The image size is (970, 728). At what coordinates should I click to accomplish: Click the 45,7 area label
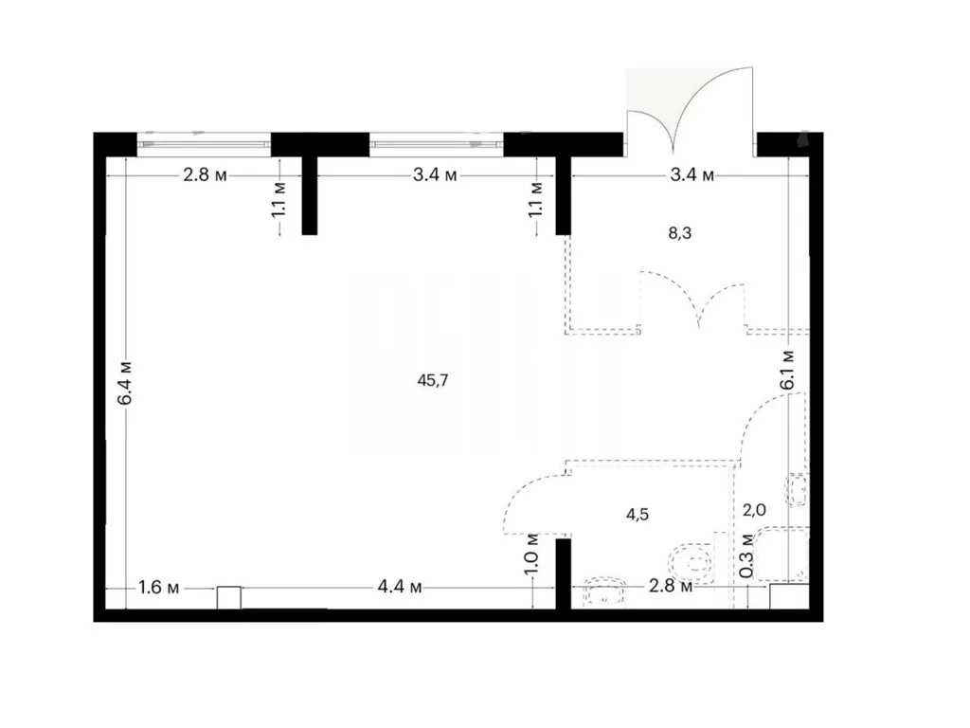pos(432,381)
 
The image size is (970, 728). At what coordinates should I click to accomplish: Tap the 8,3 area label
pos(679,233)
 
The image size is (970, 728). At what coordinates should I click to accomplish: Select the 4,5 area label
pos(638,515)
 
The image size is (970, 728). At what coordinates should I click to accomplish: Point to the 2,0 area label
pos(754,510)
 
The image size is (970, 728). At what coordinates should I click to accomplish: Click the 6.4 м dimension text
pos(126,382)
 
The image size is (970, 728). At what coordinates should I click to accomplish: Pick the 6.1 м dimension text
pos(787,370)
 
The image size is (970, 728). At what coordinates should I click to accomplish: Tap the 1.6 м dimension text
pos(159,587)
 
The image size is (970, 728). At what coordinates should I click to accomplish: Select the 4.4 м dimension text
pos(400,586)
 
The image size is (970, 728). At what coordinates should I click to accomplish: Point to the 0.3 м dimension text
pos(746,555)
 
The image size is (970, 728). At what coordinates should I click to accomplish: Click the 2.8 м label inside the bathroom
pos(671,585)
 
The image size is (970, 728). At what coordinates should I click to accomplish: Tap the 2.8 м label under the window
pos(205,175)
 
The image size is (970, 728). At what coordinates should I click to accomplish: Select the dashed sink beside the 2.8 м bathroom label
pos(605,591)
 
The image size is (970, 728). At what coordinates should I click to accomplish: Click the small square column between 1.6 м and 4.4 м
pos(228,597)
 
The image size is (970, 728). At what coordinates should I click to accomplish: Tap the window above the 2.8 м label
pos(204,145)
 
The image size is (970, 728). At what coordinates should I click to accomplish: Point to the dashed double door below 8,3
pos(692,300)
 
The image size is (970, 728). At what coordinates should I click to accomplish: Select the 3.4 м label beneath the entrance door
pos(692,175)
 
